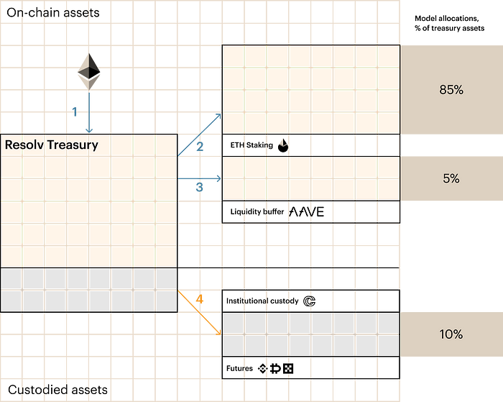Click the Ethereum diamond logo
89,66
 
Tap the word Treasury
73,145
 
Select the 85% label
451,90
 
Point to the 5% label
451,178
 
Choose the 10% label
451,334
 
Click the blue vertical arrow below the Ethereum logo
89,108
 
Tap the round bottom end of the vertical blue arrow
89,129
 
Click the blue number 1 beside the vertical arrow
75,111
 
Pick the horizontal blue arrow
199,178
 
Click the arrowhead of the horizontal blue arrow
217,178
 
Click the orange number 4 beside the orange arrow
200,298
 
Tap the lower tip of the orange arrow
217,332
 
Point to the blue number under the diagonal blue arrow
200,147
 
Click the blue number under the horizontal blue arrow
199,188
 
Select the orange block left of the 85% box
310,89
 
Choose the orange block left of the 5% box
310,178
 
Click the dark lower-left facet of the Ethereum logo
83,73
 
